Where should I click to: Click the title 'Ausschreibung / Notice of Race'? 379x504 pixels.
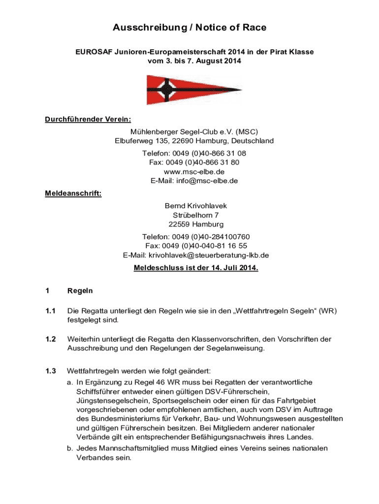189,28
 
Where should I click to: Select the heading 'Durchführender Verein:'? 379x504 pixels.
85,119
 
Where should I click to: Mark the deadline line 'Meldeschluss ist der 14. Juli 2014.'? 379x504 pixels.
196,268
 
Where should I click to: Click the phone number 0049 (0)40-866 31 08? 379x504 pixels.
213,153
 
